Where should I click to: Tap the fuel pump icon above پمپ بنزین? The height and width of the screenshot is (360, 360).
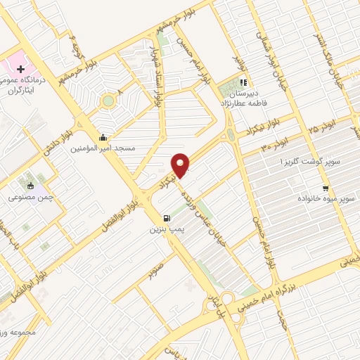166,219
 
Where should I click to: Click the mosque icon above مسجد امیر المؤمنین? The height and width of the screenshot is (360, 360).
104,137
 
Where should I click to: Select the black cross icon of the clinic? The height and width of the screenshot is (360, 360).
21,70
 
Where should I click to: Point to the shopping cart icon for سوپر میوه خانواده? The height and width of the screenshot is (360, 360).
325,188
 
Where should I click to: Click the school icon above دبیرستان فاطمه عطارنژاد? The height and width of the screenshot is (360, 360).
243,82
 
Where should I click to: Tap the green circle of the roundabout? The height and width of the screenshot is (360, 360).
108,101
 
